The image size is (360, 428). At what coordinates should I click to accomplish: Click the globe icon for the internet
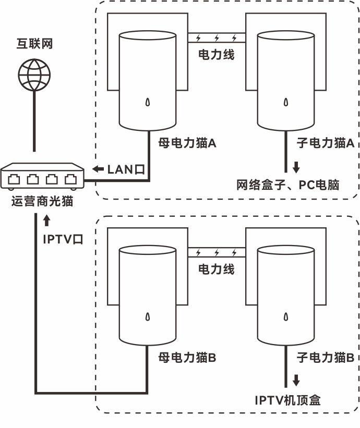(x=34, y=75)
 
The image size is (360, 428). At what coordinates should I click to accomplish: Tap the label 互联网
(x=34, y=44)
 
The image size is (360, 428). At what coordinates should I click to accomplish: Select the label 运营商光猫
(x=42, y=201)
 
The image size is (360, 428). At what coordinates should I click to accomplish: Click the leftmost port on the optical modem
(x=14, y=179)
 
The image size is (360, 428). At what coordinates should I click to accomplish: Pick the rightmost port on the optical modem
(x=70, y=179)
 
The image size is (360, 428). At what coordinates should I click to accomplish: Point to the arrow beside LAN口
(x=98, y=169)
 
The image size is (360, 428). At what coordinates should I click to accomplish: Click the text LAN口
(x=126, y=169)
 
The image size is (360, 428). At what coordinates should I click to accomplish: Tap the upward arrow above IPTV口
(x=47, y=221)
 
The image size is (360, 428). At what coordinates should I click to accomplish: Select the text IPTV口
(x=63, y=239)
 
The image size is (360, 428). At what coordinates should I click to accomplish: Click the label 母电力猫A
(x=187, y=143)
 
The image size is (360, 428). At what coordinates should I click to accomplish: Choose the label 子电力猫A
(x=326, y=143)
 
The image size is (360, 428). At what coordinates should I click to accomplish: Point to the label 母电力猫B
(x=187, y=357)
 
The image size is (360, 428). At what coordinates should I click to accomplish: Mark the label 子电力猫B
(x=326, y=357)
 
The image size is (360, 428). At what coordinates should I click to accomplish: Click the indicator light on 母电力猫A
(x=148, y=102)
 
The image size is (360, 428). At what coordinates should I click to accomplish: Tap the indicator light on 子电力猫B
(x=286, y=316)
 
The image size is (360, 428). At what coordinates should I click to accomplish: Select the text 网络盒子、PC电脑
(x=288, y=185)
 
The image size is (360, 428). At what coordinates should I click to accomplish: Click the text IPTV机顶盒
(x=287, y=400)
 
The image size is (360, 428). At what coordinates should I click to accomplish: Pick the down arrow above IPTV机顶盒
(x=296, y=380)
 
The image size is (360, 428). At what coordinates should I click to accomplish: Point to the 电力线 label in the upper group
(x=217, y=55)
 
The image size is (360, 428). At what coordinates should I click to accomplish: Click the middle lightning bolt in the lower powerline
(x=217, y=253)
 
